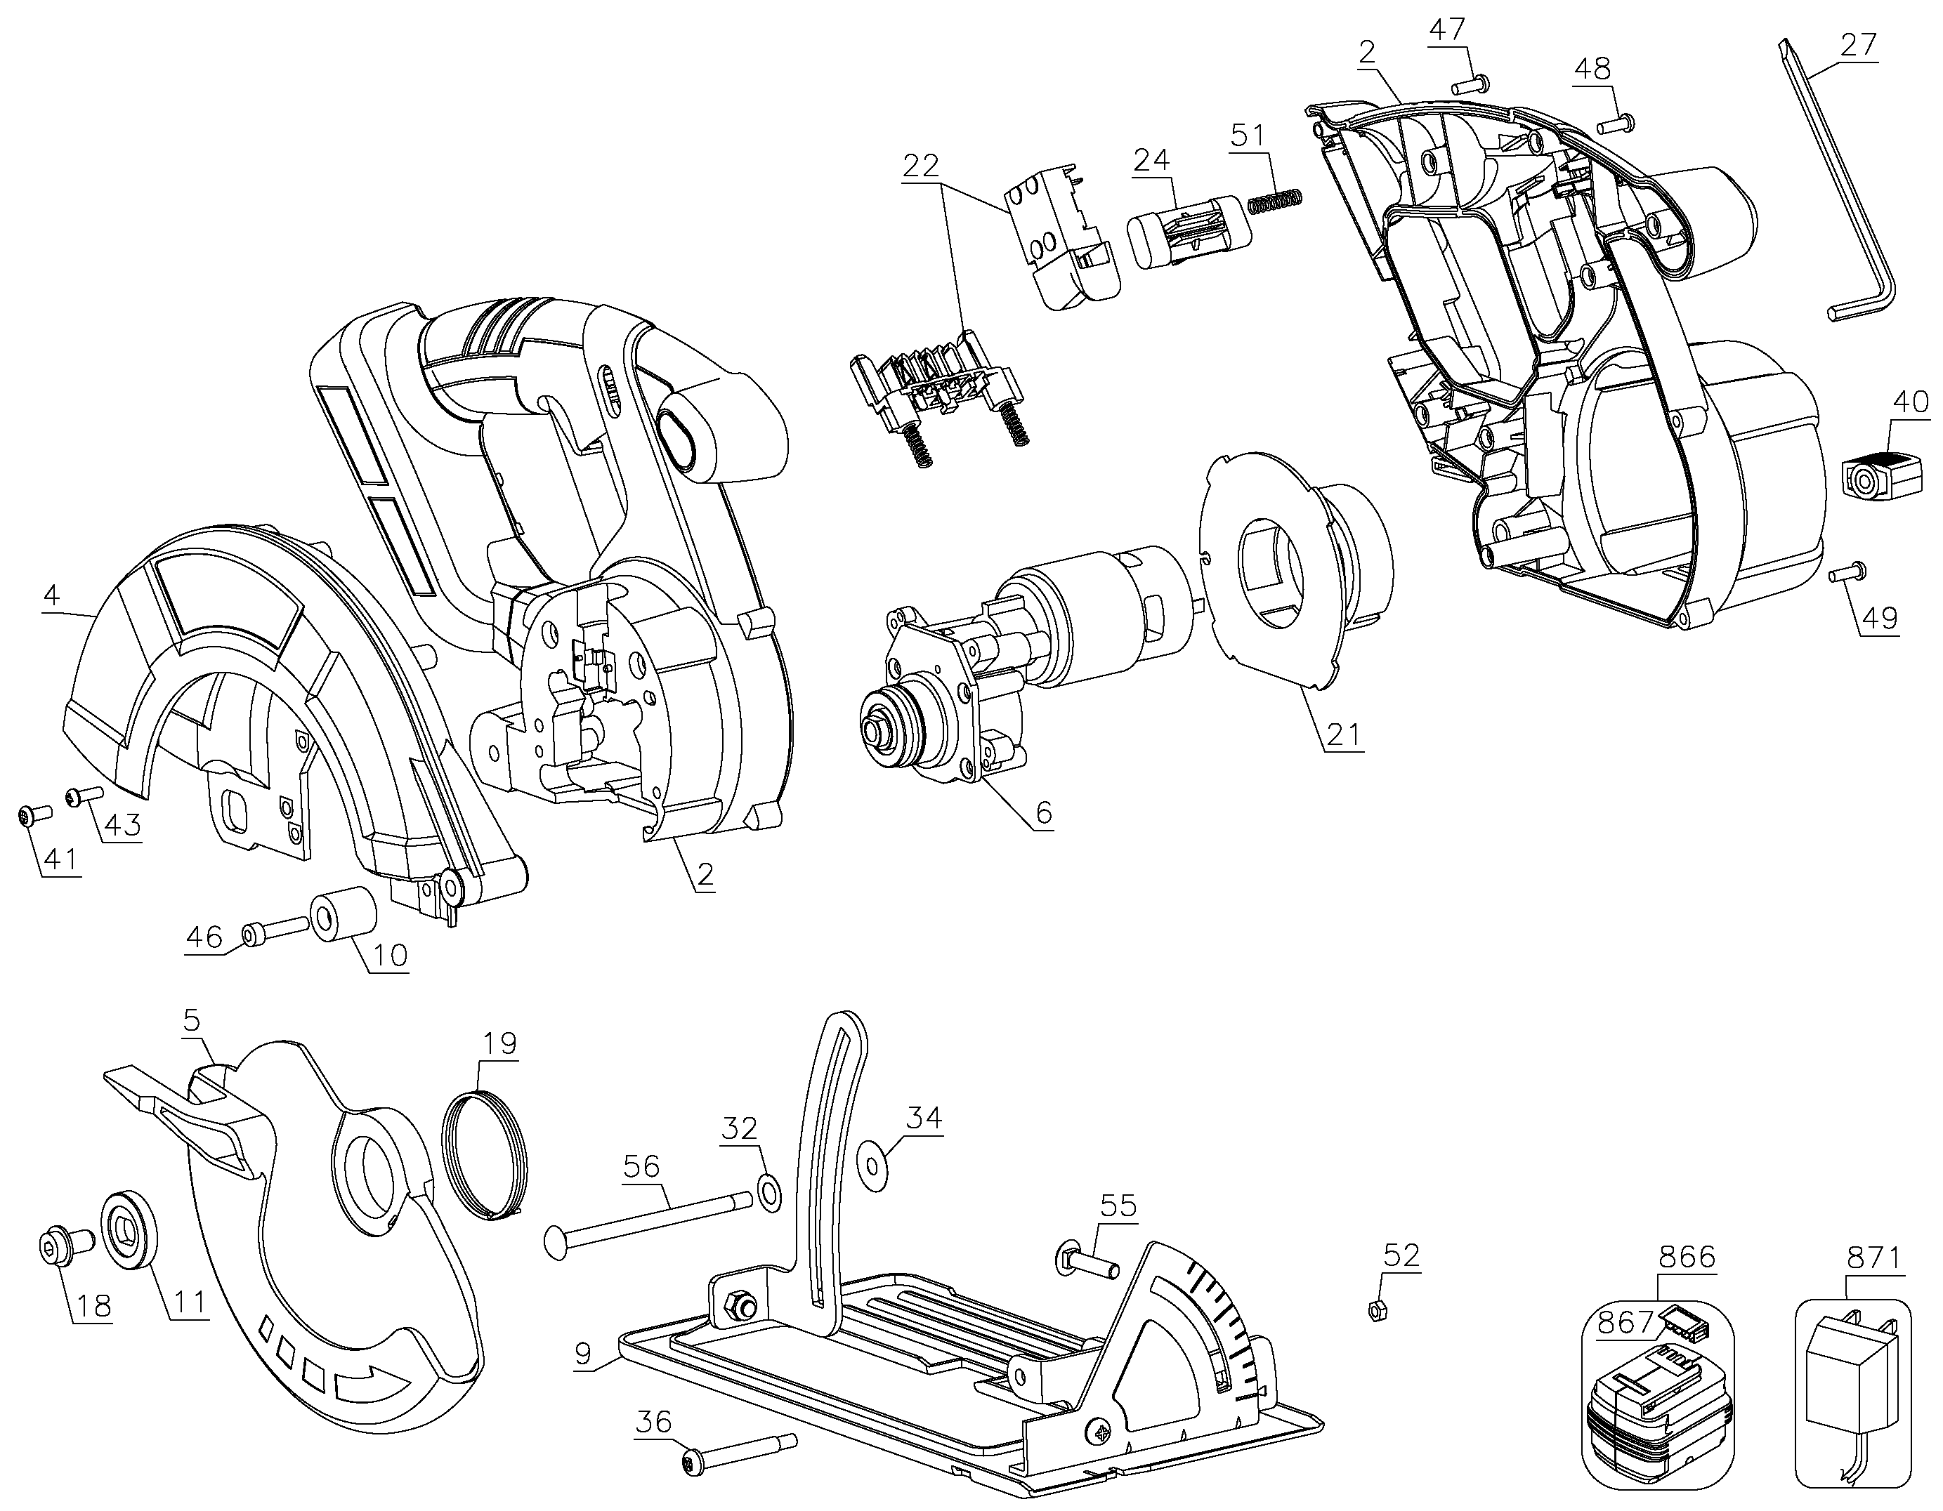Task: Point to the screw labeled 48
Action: click(1614, 124)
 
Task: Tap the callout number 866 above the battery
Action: click(1687, 1257)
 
